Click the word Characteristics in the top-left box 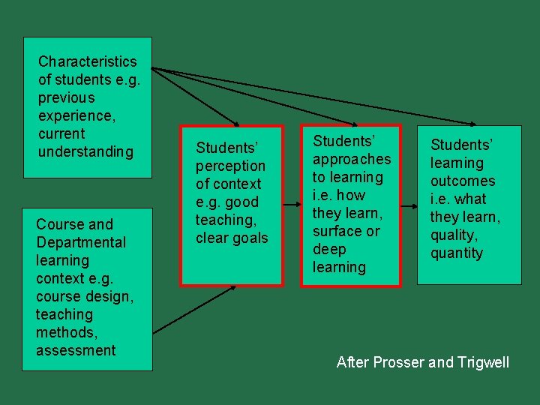[87, 61]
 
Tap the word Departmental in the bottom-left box [81, 242]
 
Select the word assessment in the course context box [76, 350]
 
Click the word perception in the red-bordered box [230, 166]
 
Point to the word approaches [352, 159]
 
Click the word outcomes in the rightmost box [463, 181]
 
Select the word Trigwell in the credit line [483, 363]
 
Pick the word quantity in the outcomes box [457, 253]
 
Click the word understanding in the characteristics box [85, 151]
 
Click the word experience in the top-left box [74, 115]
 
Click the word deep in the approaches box [328, 249]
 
